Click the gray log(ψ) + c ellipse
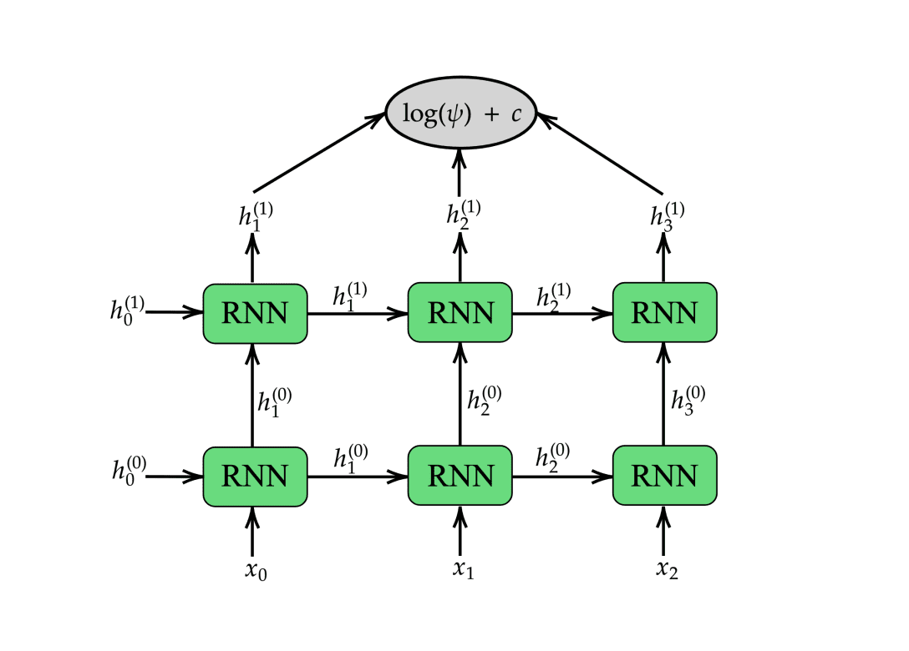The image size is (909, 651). pos(460,113)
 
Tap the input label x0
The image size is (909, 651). pos(256,573)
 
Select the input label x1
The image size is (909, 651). pos(463,571)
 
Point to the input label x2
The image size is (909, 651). pos(666,571)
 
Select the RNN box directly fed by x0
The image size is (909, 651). pos(255,476)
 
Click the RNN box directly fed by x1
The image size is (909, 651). pos(460,476)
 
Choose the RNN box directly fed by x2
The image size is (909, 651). pos(664,476)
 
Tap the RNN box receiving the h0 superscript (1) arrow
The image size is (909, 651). pos(255,313)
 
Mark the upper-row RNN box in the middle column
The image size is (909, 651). pos(460,313)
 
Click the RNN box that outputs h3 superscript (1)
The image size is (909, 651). pos(664,313)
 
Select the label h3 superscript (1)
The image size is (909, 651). pos(668,214)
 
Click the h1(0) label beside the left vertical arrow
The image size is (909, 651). pos(273,400)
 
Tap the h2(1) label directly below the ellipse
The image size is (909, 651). pos(463,214)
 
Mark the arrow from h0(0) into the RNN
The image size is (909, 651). pos(177,477)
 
